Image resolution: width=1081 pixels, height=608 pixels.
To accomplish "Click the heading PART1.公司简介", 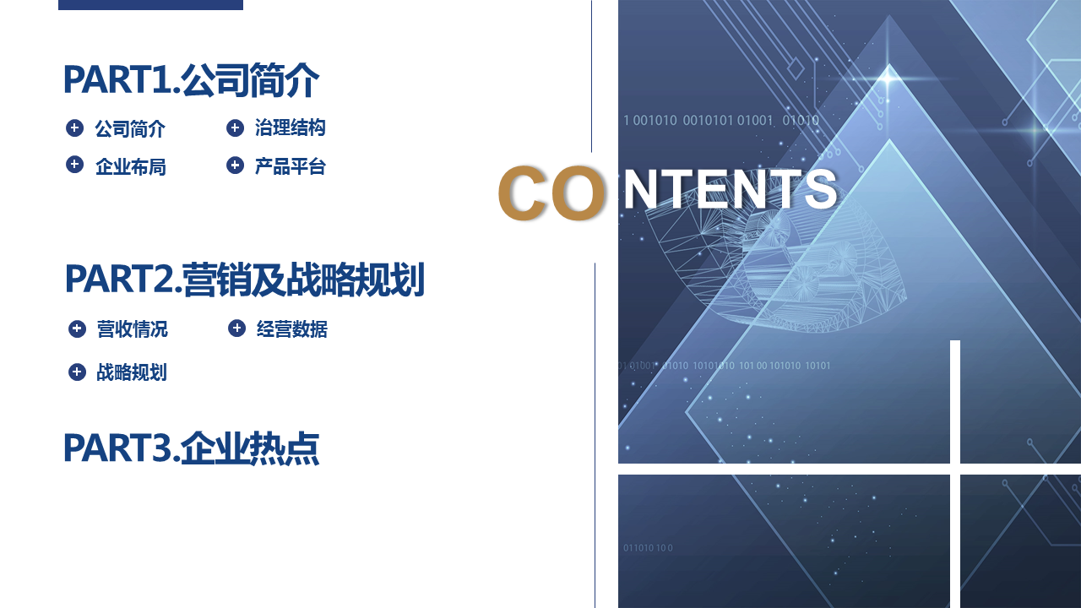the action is pyautogui.click(x=191, y=80).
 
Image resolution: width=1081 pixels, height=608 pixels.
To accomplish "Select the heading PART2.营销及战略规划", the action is pyautogui.click(x=245, y=280).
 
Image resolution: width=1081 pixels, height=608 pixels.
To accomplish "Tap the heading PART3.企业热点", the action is pyautogui.click(x=191, y=448).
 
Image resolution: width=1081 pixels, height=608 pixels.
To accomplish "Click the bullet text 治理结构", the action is pyautogui.click(x=290, y=128).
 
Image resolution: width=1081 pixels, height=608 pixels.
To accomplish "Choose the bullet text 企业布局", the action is pyautogui.click(x=131, y=167).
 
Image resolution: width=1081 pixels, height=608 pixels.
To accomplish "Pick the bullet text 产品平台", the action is pyautogui.click(x=290, y=166).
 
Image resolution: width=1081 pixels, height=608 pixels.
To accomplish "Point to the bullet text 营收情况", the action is pyautogui.click(x=133, y=329).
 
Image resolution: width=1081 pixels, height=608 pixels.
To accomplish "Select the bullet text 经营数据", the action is pyautogui.click(x=292, y=329).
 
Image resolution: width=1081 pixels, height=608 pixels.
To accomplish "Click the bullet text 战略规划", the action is pyautogui.click(x=132, y=372).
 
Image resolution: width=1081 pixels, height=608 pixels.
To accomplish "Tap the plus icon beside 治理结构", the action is pyautogui.click(x=235, y=128).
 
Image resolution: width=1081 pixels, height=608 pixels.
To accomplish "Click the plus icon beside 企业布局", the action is pyautogui.click(x=75, y=165).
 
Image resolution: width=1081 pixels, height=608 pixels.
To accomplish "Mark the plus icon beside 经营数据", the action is pyautogui.click(x=237, y=328).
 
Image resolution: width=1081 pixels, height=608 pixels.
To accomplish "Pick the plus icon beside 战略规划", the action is pyautogui.click(x=77, y=372).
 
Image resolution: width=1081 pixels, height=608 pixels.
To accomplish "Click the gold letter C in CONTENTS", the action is pyautogui.click(x=523, y=193).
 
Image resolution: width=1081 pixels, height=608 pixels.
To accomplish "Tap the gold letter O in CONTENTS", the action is pyautogui.click(x=577, y=193).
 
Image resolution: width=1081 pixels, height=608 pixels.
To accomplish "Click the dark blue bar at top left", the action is pyautogui.click(x=150, y=5).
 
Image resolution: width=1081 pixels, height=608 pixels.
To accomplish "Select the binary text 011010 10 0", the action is pyautogui.click(x=648, y=548).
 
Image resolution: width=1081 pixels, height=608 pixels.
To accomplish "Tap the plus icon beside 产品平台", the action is pyautogui.click(x=235, y=166).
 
